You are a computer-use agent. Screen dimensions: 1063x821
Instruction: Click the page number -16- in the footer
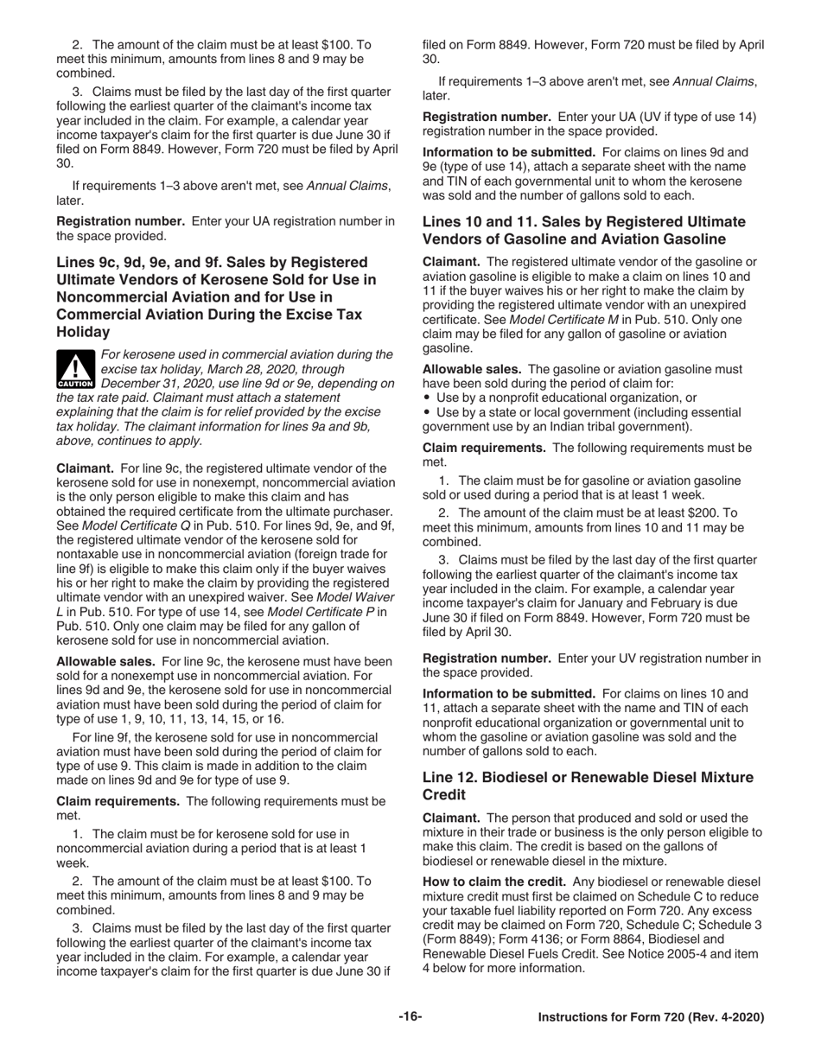tap(410, 1017)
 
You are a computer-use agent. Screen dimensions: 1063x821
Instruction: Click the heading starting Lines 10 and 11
tap(583, 230)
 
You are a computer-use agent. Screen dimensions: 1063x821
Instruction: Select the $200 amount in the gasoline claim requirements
tap(709, 512)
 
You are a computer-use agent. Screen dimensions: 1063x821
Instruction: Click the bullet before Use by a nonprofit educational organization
tap(427, 398)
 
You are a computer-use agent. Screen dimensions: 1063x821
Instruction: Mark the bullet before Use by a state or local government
tap(427, 413)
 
